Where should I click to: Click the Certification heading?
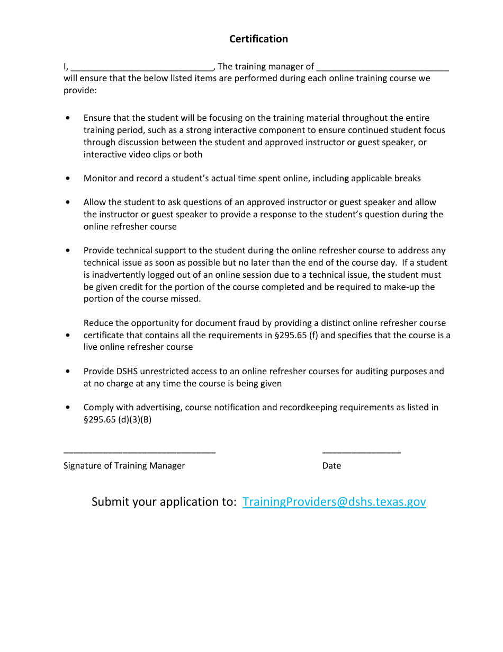[258, 39]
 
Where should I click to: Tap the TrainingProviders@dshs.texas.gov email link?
[334, 502]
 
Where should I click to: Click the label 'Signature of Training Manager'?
[124, 466]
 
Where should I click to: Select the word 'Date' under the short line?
[331, 466]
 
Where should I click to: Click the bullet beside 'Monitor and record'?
[68, 179]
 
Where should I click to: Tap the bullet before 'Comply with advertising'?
[68, 408]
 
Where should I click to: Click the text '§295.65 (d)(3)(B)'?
[118, 420]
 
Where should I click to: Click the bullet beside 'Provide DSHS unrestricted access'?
[68, 372]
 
